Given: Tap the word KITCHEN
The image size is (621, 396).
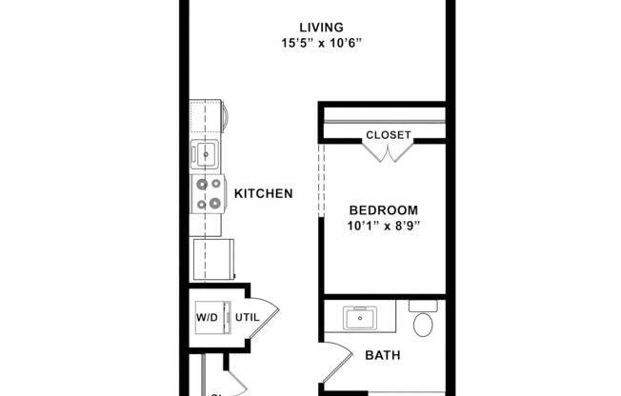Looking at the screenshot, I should [263, 193].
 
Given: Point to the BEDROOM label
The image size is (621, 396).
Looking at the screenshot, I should [383, 210].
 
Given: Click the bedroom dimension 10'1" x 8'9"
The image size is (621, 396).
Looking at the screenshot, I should [383, 227].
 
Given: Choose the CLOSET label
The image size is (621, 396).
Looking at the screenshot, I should [389, 135].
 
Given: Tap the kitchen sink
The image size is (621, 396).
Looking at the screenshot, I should [205, 152].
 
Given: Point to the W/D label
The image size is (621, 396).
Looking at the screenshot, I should [208, 317].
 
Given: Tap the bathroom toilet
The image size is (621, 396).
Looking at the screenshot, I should [423, 321].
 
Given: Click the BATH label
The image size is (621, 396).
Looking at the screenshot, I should [382, 356].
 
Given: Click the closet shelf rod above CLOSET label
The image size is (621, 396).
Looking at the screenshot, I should [384, 120].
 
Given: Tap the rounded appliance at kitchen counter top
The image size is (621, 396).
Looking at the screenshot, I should [225, 116].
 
